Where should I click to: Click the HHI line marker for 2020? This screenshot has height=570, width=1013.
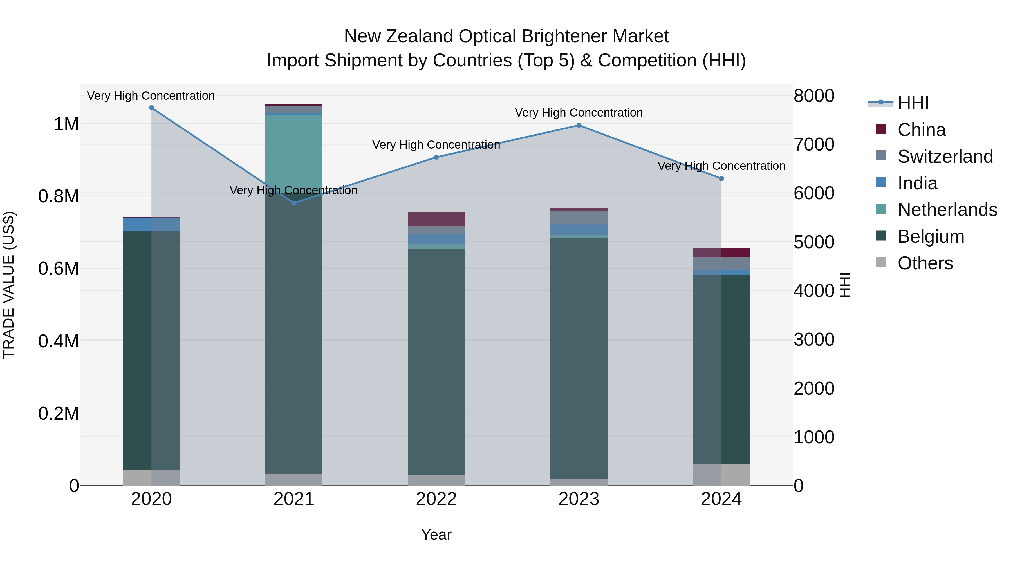click(151, 108)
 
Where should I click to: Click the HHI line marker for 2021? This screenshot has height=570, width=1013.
click(294, 203)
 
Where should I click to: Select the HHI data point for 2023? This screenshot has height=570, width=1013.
click(579, 126)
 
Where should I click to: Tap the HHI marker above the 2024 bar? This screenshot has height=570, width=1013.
click(721, 178)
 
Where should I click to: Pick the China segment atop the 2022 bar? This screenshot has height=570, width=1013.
click(436, 219)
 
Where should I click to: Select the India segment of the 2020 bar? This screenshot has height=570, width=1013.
click(151, 224)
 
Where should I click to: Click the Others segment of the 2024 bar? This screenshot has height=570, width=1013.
click(721, 475)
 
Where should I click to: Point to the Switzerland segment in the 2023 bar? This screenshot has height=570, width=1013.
click(579, 218)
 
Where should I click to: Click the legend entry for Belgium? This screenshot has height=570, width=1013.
click(931, 236)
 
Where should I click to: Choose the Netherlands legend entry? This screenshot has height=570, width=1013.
click(947, 210)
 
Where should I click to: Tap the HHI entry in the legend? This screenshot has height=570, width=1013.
click(913, 103)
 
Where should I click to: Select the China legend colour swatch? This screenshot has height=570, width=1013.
click(881, 129)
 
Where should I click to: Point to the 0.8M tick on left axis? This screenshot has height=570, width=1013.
click(59, 196)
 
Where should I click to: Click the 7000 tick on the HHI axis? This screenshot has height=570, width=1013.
click(813, 144)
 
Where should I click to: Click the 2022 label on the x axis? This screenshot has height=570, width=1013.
click(436, 499)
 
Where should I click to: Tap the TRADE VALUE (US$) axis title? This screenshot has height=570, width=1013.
click(9, 285)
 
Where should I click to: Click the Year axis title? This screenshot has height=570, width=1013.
click(436, 535)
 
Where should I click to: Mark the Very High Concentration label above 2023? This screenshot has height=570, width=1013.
click(579, 113)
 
